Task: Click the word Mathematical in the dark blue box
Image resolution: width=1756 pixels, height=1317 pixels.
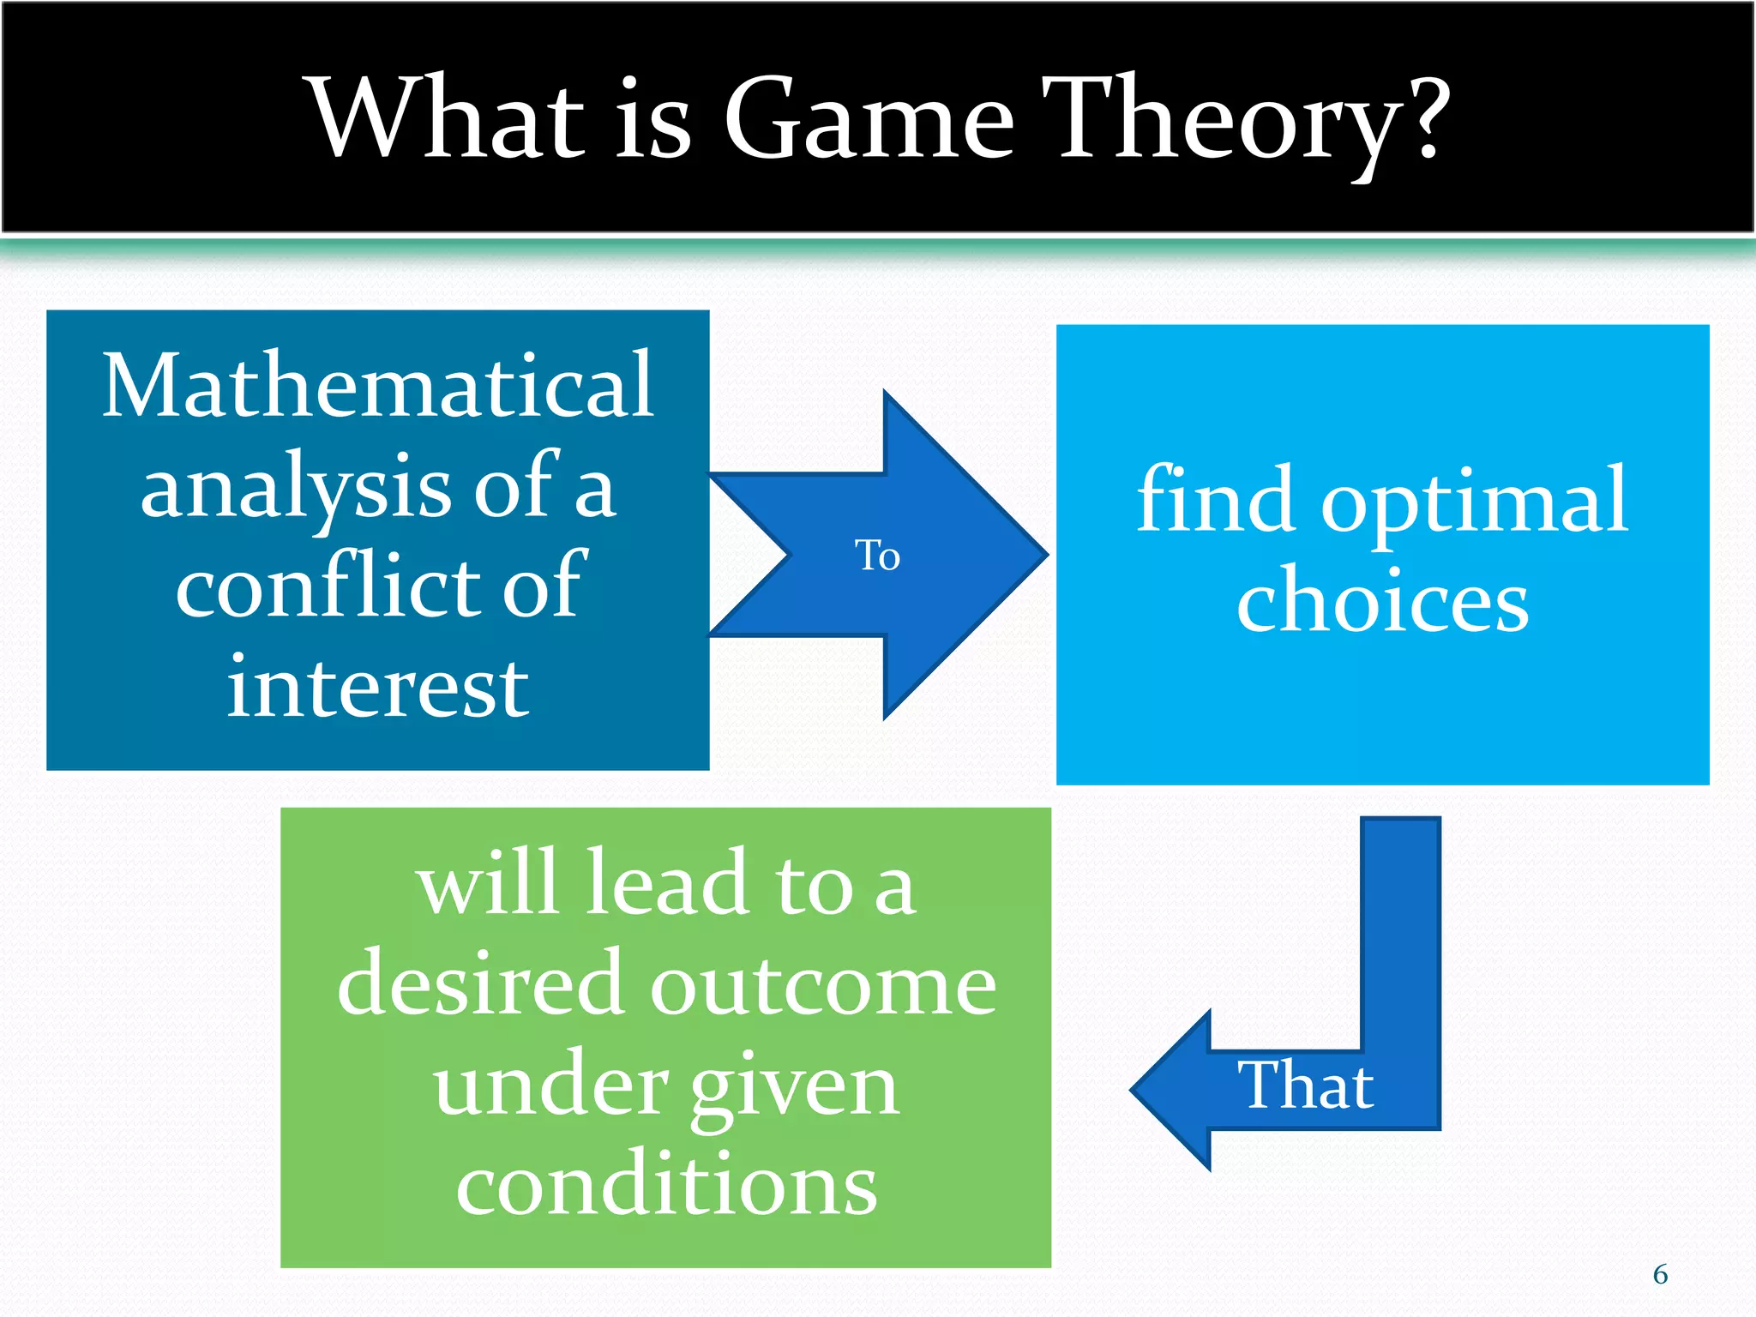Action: click(378, 386)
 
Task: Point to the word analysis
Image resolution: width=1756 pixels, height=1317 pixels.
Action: click(296, 489)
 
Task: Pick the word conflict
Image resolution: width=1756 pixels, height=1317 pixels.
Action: click(326, 587)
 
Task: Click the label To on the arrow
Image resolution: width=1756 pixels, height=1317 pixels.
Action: click(877, 556)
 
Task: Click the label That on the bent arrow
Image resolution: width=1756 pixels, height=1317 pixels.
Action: click(1305, 1085)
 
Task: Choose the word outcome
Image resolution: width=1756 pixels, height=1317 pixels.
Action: click(822, 986)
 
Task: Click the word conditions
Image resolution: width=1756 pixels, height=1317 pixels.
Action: click(666, 1185)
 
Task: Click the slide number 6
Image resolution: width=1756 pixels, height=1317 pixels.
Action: click(1660, 1274)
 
